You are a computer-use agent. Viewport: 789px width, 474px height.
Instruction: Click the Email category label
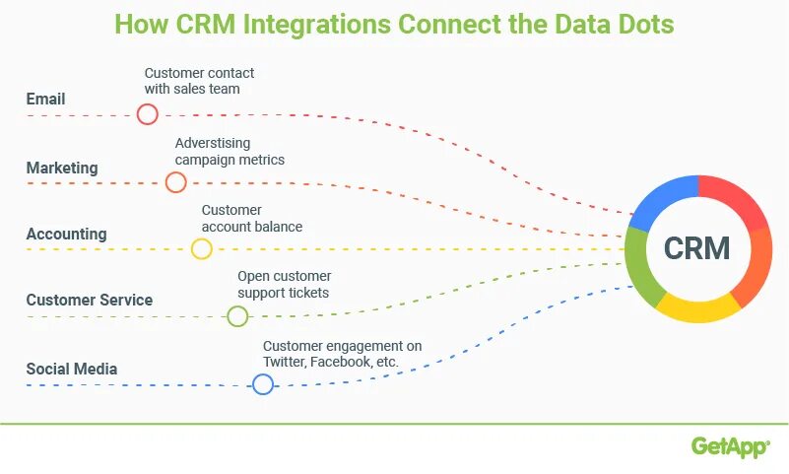[45, 99]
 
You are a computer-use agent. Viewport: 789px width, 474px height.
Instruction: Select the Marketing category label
[62, 168]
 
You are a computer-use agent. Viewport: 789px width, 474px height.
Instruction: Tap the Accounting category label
[66, 234]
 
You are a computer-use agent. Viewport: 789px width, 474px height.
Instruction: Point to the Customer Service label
[90, 300]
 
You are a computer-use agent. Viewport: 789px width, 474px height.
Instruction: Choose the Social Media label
[72, 369]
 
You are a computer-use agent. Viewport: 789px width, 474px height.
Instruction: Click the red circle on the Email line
[148, 114]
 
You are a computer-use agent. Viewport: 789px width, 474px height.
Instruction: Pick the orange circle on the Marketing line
[175, 182]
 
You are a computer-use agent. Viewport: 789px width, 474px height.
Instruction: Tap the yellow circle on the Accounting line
[201, 248]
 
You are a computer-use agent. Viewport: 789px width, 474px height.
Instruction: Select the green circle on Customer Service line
[237, 316]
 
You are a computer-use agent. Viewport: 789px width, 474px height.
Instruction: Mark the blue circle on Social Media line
[263, 384]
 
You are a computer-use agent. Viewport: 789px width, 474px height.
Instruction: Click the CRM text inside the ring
[697, 248]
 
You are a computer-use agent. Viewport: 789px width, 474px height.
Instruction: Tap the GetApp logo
[730, 447]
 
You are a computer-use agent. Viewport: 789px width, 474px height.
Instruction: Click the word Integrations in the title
[314, 24]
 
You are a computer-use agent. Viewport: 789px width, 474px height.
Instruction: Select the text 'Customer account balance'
[251, 218]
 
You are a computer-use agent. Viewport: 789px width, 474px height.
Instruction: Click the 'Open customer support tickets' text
[284, 284]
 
